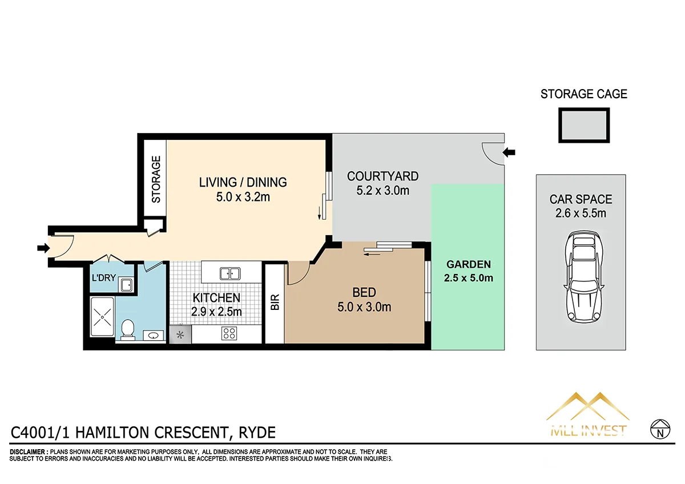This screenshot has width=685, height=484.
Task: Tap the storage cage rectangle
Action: click(x=583, y=126)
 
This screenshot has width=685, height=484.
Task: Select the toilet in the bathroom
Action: click(x=128, y=329)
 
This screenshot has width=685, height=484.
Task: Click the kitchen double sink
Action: click(x=229, y=273)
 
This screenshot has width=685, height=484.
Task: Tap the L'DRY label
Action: click(x=104, y=279)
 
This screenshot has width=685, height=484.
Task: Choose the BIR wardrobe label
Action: click(x=275, y=302)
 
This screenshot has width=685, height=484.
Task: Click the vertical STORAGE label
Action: click(x=155, y=179)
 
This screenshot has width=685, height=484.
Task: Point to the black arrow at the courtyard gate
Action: click(x=509, y=152)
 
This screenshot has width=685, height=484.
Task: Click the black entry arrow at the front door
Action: click(x=43, y=248)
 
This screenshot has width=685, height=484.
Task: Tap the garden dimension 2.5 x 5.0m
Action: click(x=469, y=279)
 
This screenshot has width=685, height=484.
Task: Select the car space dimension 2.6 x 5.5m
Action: click(x=581, y=214)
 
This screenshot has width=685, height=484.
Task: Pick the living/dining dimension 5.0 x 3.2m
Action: click(x=243, y=197)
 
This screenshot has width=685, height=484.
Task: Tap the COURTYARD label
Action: click(x=382, y=176)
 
